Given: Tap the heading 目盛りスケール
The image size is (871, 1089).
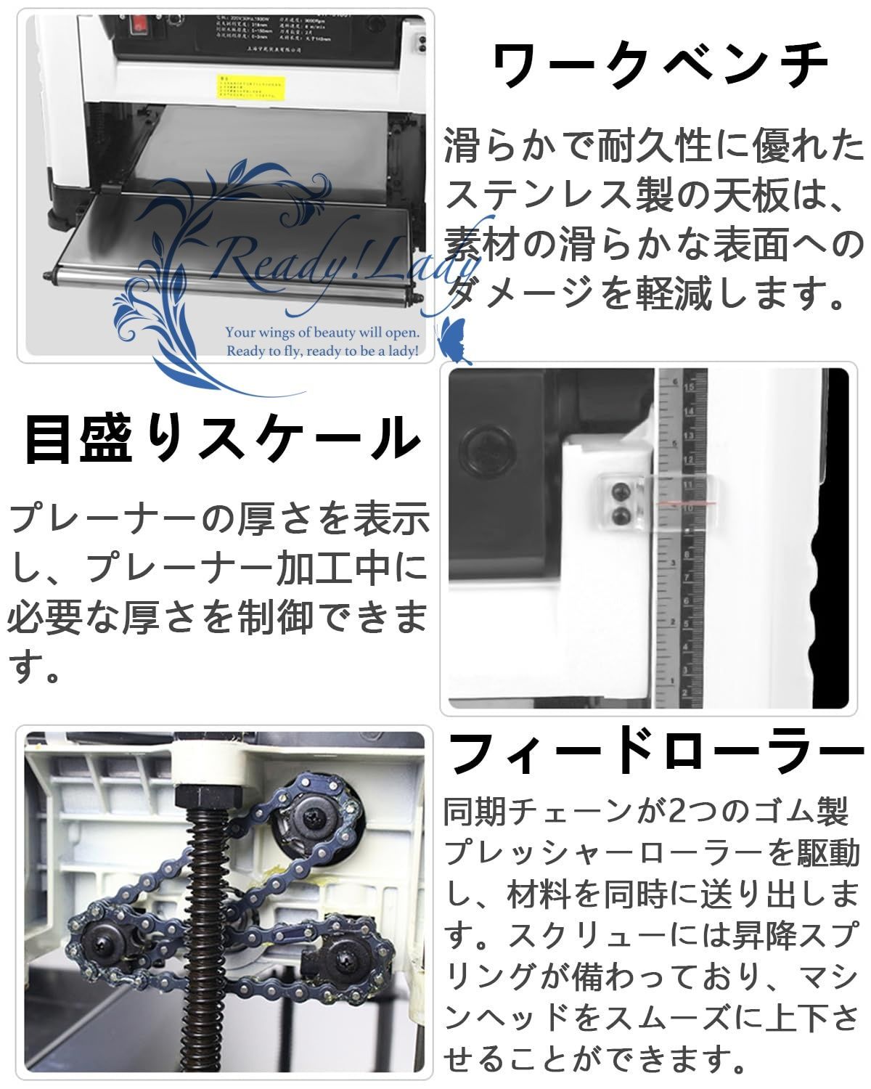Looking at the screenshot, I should click(221, 439).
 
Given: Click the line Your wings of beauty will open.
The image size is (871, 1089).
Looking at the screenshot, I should click(322, 333).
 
